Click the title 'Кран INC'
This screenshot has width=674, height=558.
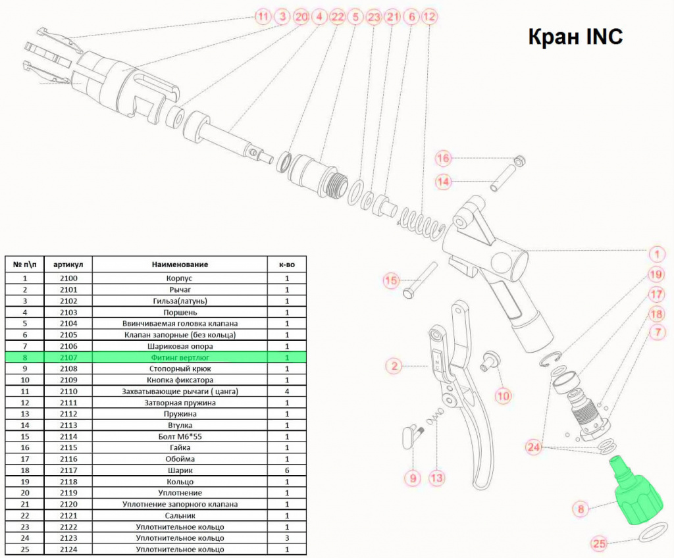pyautogui.click(x=575, y=37)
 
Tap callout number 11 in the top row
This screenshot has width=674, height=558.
pyautogui.click(x=263, y=16)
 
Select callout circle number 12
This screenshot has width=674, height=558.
pyautogui.click(x=429, y=16)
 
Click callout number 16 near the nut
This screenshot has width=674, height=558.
pyautogui.click(x=443, y=158)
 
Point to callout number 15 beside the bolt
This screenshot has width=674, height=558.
pyautogui.click(x=391, y=281)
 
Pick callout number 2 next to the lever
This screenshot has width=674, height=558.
pyautogui.click(x=394, y=367)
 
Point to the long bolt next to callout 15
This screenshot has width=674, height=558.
pyautogui.click(x=420, y=281)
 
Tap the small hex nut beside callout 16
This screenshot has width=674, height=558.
pyautogui.click(x=519, y=161)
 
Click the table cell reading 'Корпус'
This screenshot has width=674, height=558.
pyautogui.click(x=179, y=278)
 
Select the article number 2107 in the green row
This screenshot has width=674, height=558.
pyautogui.click(x=68, y=357)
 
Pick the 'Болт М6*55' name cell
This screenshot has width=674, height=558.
pyautogui.click(x=180, y=436)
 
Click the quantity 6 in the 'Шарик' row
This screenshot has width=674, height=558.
pyautogui.click(x=287, y=470)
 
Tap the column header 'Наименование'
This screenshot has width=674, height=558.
pyautogui.click(x=180, y=265)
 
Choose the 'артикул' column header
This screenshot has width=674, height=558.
pyautogui.click(x=68, y=265)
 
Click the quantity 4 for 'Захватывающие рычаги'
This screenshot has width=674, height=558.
pyautogui.click(x=287, y=392)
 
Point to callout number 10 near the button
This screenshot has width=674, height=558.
pyautogui.click(x=503, y=395)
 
